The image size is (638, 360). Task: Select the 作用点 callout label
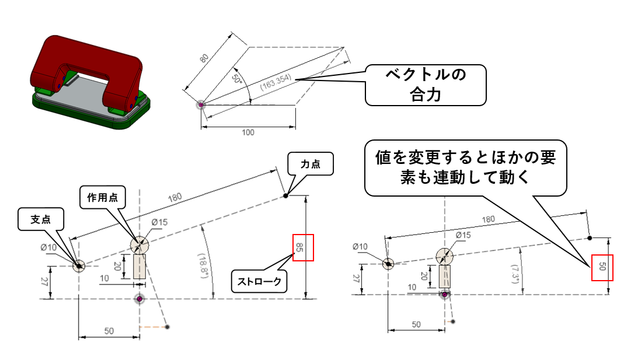click(x=99, y=197)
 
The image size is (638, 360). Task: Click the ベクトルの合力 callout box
click(x=425, y=85)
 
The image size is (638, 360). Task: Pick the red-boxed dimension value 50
click(x=602, y=268)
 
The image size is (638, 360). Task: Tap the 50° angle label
click(x=236, y=78)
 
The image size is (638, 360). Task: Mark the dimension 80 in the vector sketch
click(x=204, y=58)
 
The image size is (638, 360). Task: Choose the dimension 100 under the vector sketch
click(x=247, y=132)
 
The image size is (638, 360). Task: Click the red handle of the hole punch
click(x=88, y=64)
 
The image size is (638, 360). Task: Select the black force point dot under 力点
click(x=285, y=195)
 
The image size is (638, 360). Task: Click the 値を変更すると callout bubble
click(x=466, y=167)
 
